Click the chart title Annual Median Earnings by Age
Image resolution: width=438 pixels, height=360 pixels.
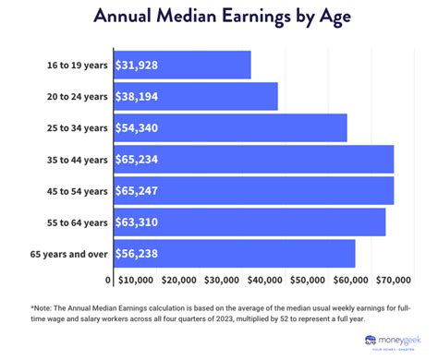(x=219, y=18)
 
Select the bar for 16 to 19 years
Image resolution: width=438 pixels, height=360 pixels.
(x=181, y=65)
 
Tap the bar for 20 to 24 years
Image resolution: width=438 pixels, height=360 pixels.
(x=195, y=96)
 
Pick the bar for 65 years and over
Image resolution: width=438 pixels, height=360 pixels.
(x=234, y=253)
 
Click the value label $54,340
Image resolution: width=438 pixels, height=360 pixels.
(x=140, y=128)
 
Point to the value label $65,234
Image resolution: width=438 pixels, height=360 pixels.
(x=140, y=160)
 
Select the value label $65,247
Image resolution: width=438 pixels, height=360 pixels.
(x=140, y=191)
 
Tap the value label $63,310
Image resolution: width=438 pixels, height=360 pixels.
(x=140, y=222)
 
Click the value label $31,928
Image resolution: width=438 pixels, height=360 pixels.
(x=140, y=66)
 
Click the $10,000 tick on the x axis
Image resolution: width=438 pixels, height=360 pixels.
(x=137, y=279)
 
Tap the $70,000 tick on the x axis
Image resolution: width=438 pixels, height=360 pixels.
(x=393, y=279)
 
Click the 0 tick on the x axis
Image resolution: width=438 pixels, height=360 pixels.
(x=108, y=279)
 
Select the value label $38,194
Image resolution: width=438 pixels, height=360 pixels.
(x=140, y=97)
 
